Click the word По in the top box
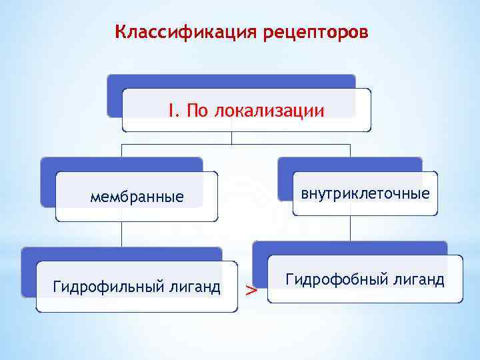(x=197, y=110)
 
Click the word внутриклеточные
(x=365, y=194)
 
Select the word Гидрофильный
(x=105, y=287)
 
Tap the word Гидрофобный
(x=333, y=279)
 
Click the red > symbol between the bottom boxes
(x=250, y=290)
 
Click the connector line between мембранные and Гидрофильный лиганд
(x=122, y=234)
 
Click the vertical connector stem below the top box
(x=231, y=137)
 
